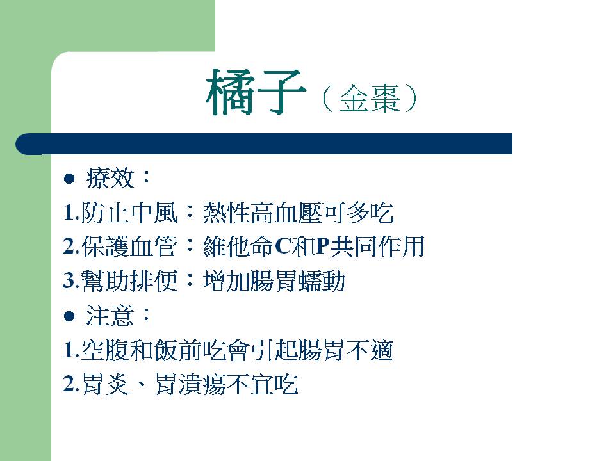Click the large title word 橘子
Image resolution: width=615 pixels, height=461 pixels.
[x=256, y=92]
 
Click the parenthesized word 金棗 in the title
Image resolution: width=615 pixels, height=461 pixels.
[x=370, y=99]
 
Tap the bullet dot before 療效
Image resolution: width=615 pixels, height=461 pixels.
[x=69, y=179]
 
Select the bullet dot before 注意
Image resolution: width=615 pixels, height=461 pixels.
[x=69, y=316]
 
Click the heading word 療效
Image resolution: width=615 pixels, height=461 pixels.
[x=110, y=179]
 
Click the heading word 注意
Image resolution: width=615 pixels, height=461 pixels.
[x=110, y=316]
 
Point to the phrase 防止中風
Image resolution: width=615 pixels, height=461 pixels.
[x=129, y=213]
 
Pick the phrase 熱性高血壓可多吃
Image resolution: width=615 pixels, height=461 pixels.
[x=298, y=213]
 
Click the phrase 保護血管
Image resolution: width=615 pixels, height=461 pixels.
[x=129, y=247]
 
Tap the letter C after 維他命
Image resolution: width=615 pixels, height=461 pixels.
[x=283, y=247]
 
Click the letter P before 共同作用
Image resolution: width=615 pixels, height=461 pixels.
[x=322, y=247]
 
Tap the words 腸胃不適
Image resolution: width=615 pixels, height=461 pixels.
[x=345, y=350]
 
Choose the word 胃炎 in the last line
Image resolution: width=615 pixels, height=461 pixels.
[x=106, y=384]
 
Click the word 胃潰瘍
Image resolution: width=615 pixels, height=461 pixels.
[x=191, y=384]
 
